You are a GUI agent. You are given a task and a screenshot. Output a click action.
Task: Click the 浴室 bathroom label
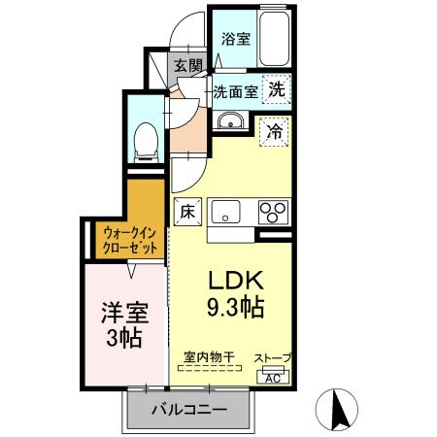236,40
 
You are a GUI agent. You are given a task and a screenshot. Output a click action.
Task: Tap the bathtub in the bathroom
274,39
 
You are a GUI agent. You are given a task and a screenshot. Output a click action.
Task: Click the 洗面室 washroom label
235,92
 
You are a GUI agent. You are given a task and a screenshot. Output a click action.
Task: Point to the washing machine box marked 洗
277,89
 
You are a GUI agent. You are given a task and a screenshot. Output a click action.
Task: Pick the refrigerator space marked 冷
274,132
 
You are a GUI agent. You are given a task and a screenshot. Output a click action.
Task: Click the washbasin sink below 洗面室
230,121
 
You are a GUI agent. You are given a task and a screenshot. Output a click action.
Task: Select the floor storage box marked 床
187,212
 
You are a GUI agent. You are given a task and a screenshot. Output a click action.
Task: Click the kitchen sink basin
226,212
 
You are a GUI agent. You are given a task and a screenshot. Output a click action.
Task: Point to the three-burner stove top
273,212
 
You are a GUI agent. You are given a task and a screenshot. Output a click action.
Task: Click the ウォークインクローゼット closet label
130,240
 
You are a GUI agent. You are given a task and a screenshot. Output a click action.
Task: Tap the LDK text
235,281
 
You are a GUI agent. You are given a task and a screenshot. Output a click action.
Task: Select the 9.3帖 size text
235,307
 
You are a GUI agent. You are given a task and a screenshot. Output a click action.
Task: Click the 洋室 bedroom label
125,313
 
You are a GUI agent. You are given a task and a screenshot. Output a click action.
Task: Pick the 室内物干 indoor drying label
209,357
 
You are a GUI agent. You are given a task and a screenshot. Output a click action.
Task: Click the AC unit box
273,378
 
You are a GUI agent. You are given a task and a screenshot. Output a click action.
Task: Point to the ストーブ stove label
273,358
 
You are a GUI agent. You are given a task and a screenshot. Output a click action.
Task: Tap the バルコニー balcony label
189,410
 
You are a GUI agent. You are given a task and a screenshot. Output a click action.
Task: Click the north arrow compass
337,409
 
